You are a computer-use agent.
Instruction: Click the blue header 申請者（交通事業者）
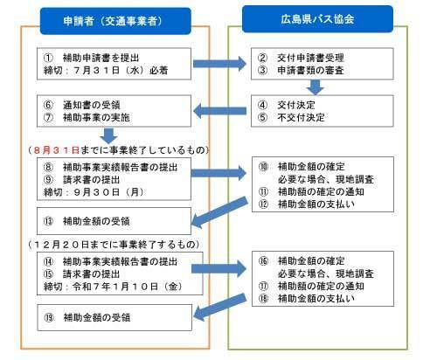coord(115,21)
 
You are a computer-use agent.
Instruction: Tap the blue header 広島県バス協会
coord(317,19)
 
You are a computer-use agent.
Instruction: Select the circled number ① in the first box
coord(48,58)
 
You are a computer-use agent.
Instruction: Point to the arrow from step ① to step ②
coord(219,64)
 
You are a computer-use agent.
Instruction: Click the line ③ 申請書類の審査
coord(301,71)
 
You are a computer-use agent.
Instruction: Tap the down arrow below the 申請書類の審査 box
coord(316,87)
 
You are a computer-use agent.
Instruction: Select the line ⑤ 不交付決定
coord(291,117)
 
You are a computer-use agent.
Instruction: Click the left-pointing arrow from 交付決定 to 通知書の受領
coord(219,111)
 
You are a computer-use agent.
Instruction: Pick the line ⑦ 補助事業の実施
coord(87,117)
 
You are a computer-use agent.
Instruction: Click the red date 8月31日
coord(57,150)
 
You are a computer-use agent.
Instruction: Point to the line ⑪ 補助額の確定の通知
coord(311,191)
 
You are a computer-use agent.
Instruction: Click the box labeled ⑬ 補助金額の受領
coord(114,221)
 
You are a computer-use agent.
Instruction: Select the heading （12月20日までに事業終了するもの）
coord(115,245)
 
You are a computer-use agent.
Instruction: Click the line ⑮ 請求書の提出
coord(81,274)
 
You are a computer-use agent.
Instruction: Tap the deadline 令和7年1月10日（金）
coord(128,287)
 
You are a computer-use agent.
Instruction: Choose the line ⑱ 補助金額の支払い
coord(307,299)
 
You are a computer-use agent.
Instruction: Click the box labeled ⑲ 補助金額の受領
coord(114,317)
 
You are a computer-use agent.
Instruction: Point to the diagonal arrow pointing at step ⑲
coord(220,307)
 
